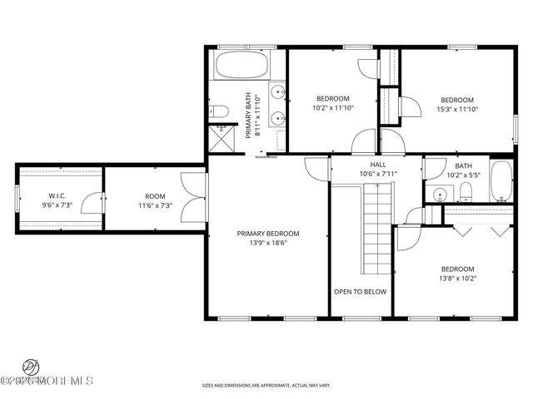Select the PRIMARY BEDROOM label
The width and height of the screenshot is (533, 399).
tap(267, 234)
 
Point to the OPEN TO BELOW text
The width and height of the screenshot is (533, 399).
tap(360, 292)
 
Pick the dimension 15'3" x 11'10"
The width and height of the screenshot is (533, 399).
tap(457, 109)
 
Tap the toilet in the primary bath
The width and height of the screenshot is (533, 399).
tap(219, 111)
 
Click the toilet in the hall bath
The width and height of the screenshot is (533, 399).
tap(466, 193)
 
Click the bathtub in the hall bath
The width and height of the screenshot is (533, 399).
tap(501, 180)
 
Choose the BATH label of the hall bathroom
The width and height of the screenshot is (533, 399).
tap(463, 165)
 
